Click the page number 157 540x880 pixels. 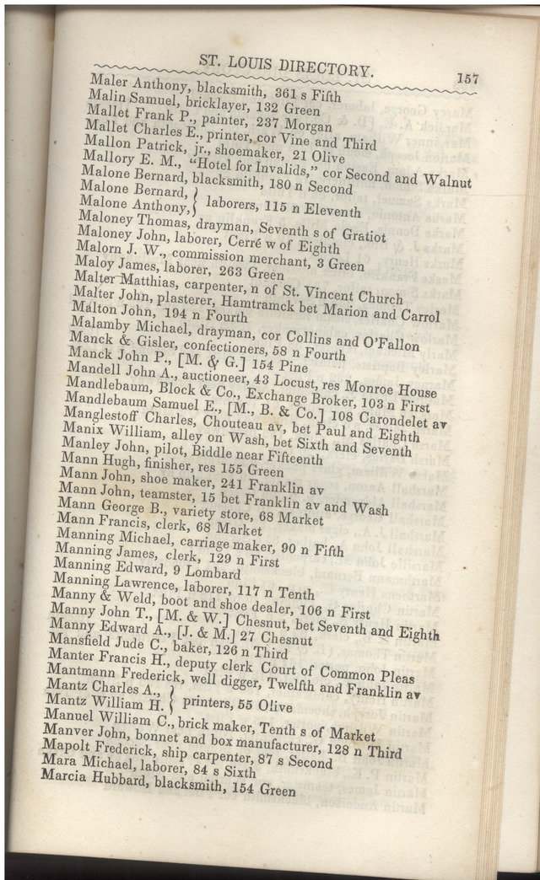pos(467,78)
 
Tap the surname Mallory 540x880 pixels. pos(106,158)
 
